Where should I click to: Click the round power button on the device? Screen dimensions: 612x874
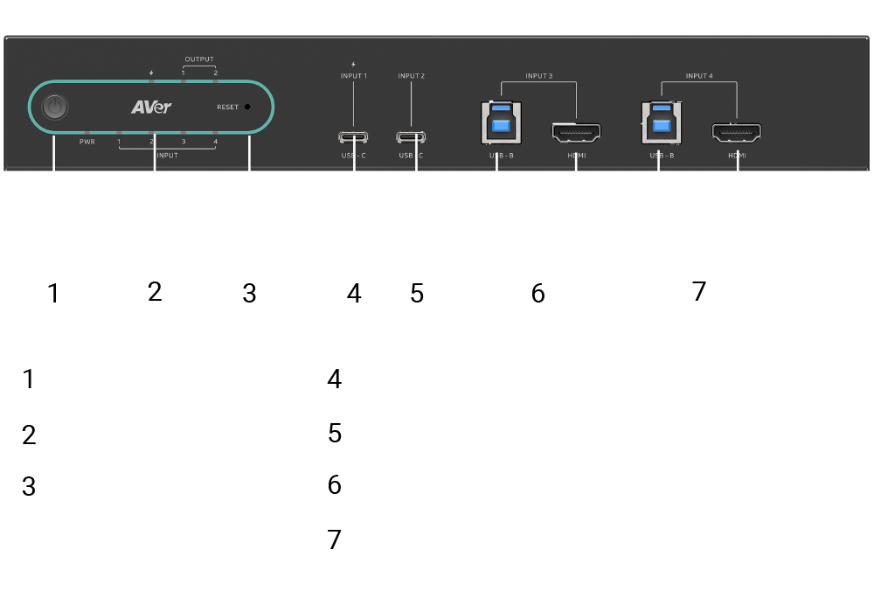[55, 108]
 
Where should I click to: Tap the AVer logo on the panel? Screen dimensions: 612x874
[151, 107]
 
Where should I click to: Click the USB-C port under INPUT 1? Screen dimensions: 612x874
[354, 137]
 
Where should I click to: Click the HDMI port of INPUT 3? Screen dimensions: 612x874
[575, 134]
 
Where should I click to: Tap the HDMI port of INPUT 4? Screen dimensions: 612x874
[736, 134]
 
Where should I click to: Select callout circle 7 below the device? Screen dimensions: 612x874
[699, 290]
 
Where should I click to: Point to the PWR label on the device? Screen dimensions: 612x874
[87, 142]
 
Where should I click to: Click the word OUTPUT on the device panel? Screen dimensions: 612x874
[199, 59]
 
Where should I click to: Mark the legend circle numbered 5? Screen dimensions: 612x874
[334, 434]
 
